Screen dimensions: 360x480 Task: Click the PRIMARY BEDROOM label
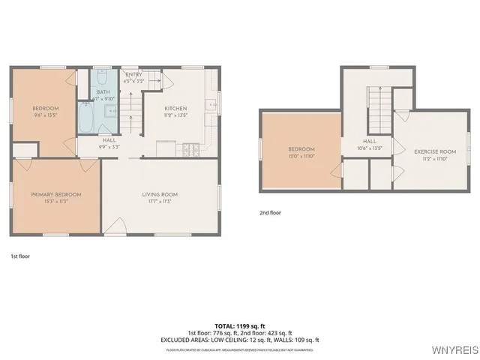coord(56,194)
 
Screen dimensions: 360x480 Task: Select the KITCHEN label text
coord(175,108)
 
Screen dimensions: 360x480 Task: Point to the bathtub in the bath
coord(84,118)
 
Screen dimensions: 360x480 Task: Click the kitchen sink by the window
coord(212,103)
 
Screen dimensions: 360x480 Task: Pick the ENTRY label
coord(133,74)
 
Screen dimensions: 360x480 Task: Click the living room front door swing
coord(115,226)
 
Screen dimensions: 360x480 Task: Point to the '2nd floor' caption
coord(270,212)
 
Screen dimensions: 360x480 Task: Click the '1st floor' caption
coord(20,256)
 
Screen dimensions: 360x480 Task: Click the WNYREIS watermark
coord(454,350)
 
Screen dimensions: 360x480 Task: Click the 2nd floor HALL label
coord(369,140)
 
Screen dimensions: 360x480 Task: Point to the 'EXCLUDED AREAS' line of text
coord(239,340)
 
